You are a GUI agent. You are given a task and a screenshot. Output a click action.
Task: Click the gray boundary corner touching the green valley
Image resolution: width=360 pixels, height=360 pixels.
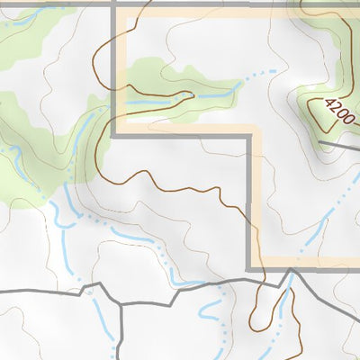tap(113, 135)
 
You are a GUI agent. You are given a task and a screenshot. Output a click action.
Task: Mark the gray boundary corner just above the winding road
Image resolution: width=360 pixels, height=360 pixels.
tap(248, 268)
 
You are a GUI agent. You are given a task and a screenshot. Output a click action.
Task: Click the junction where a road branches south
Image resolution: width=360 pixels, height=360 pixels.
tap(119, 304)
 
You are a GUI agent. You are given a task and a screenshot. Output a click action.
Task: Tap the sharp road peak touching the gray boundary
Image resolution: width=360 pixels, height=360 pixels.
tap(290, 269)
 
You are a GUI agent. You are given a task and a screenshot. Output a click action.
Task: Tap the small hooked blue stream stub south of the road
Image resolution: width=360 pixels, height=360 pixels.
tap(209, 310)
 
